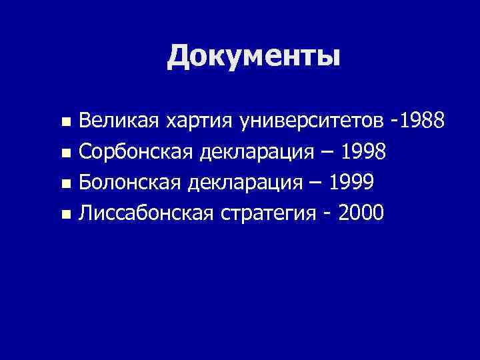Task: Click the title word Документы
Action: (x=253, y=56)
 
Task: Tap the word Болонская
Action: (x=131, y=183)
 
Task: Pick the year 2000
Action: (x=361, y=213)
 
